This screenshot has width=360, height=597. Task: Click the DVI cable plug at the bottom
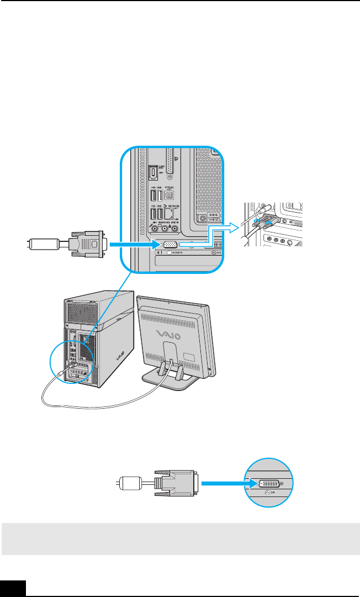pyautogui.click(x=177, y=483)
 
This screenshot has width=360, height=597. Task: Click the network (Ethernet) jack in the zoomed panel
pyautogui.click(x=171, y=213)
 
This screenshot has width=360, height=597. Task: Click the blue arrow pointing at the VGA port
pyautogui.click(x=133, y=244)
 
